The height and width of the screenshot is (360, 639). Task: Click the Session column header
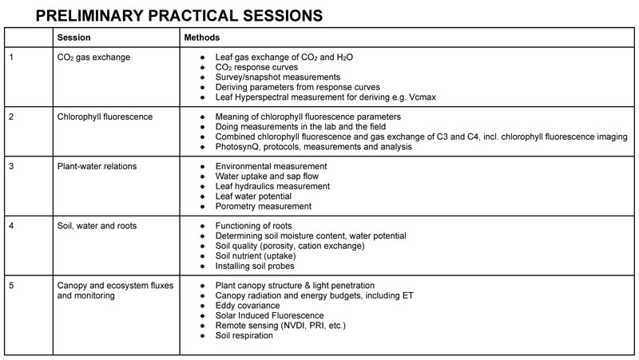point(73,38)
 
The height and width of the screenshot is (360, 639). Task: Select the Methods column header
point(202,38)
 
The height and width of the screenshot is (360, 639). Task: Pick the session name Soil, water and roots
point(97,226)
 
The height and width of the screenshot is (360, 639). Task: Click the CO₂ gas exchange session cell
point(93,57)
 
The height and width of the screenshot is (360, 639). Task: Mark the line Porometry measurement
point(264,206)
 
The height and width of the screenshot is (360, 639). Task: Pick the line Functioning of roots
point(260,226)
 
